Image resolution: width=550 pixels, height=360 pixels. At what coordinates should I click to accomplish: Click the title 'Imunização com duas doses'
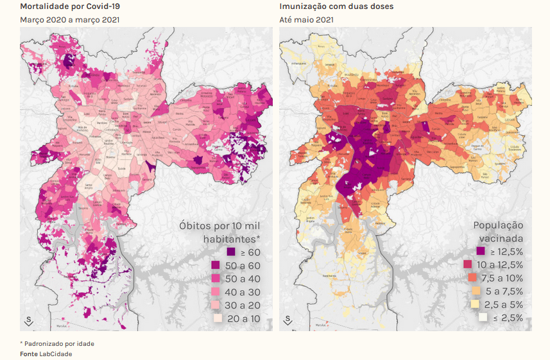[x=327, y=6]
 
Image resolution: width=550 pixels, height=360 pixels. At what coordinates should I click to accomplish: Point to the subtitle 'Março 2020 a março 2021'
[x=69, y=20]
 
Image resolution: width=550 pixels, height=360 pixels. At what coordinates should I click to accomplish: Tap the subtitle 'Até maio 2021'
[x=306, y=20]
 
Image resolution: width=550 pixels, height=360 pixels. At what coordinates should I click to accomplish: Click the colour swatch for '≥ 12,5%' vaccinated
[x=481, y=252]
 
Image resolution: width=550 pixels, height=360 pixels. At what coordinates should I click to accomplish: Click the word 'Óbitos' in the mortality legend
[x=195, y=226]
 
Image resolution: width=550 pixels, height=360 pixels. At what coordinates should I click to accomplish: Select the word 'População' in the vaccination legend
[x=498, y=226]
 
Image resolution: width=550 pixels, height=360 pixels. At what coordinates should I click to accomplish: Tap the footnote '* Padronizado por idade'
[x=57, y=344]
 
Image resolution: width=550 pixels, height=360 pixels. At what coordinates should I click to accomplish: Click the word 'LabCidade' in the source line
[x=56, y=354]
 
